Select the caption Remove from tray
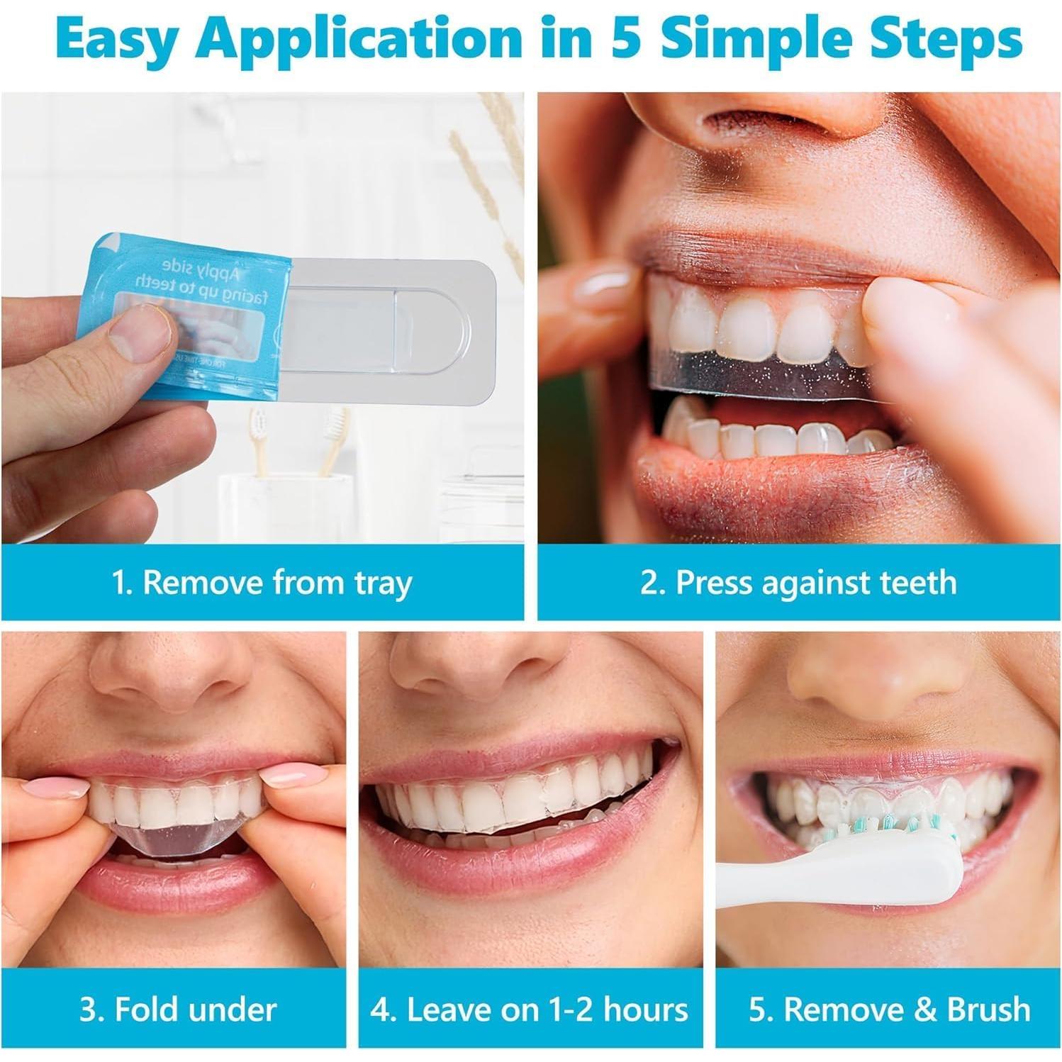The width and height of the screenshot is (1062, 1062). point(262,583)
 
